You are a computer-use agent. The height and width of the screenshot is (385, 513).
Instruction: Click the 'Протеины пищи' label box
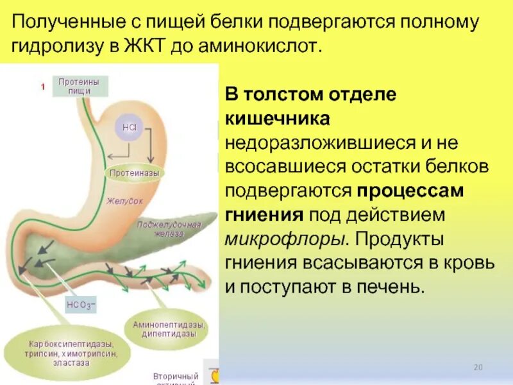79,86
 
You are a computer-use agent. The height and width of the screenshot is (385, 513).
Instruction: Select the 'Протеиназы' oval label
134,173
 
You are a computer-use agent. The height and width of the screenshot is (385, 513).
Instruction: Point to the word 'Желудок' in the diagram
125,201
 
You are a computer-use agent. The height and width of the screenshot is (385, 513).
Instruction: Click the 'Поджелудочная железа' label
170,229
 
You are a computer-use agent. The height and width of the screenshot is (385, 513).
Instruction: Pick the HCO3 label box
81,305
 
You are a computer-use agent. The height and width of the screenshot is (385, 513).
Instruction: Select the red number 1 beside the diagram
42,87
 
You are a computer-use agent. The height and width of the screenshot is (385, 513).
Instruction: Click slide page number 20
477,367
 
